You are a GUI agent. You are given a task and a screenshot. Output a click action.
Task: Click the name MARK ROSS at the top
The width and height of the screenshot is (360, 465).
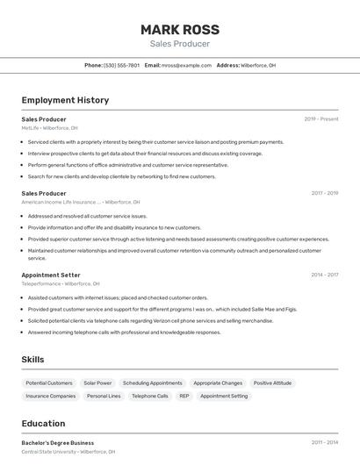(x=179, y=29)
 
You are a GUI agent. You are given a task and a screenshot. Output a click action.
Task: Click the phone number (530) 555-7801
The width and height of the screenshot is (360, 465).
(x=121, y=65)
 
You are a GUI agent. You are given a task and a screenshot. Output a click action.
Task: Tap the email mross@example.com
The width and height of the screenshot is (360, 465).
(x=186, y=65)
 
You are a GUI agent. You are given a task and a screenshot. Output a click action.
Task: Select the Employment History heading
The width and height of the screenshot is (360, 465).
(x=65, y=100)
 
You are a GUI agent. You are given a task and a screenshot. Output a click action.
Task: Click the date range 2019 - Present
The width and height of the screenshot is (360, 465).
(x=321, y=118)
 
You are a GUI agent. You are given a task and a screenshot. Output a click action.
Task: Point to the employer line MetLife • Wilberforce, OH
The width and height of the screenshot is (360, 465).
(x=49, y=128)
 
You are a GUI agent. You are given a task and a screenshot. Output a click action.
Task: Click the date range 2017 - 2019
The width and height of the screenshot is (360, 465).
(x=324, y=193)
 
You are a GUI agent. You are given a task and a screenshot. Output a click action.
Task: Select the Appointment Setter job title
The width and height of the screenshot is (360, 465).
(x=50, y=275)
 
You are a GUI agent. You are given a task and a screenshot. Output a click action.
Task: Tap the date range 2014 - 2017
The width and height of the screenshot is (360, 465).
(x=324, y=275)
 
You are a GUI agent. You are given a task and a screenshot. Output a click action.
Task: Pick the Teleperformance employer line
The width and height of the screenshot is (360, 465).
(x=61, y=284)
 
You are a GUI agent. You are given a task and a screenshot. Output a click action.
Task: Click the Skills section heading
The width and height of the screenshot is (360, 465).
(x=32, y=360)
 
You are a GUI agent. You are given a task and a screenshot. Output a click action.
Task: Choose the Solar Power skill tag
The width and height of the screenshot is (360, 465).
(x=97, y=383)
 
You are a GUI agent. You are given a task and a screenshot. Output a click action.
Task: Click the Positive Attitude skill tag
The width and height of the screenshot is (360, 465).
(x=272, y=383)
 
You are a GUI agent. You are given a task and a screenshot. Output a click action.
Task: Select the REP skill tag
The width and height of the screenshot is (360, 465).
(x=184, y=397)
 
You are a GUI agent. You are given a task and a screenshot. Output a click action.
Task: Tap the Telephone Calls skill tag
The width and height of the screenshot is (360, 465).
(x=149, y=397)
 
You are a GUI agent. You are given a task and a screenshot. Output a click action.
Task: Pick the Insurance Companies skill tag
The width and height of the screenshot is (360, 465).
(x=50, y=397)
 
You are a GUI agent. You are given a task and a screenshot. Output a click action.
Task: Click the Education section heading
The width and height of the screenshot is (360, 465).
(x=43, y=423)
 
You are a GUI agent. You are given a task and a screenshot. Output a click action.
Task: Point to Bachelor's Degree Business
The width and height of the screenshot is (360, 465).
(x=57, y=443)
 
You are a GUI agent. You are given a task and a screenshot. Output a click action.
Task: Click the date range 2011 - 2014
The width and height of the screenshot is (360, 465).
(x=324, y=443)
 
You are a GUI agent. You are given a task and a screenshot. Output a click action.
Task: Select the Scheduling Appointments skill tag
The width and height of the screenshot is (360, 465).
(x=152, y=383)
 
